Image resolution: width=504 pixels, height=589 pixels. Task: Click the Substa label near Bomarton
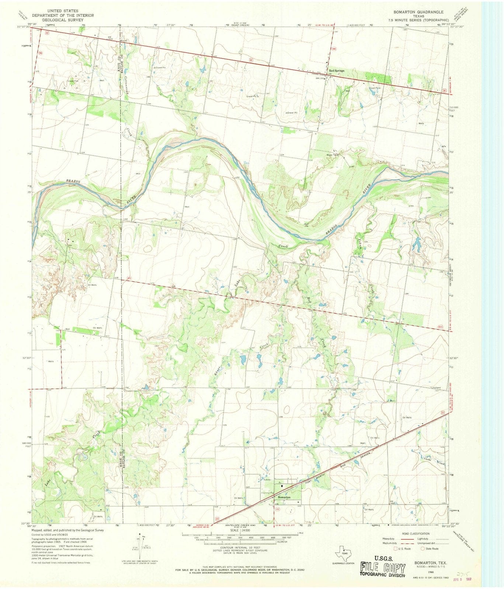[x=267, y=480]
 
